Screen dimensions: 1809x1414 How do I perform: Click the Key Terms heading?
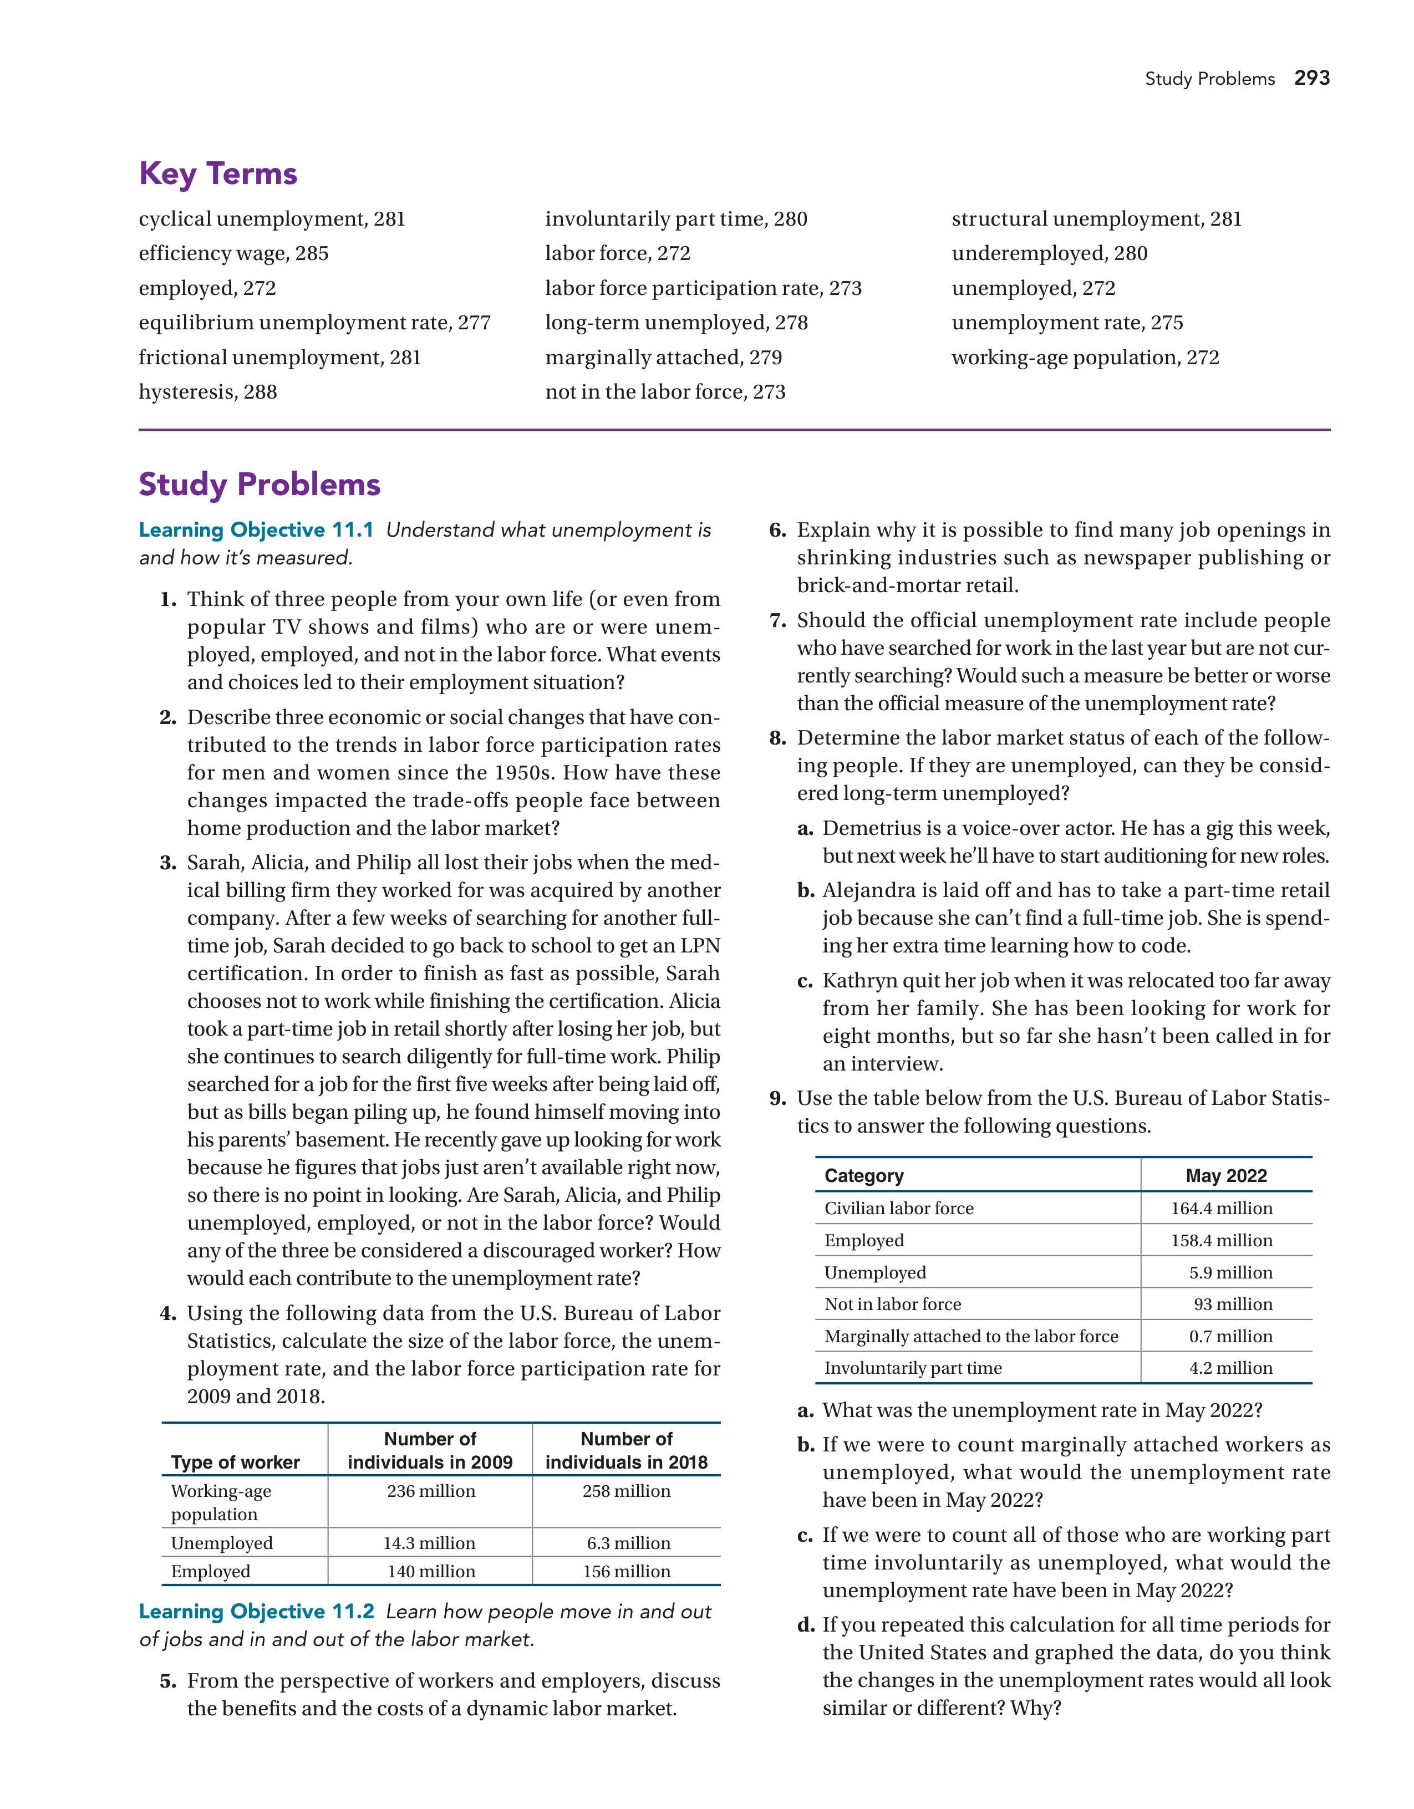(x=218, y=174)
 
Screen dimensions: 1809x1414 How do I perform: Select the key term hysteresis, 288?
(x=208, y=392)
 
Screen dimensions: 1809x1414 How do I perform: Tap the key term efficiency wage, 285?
(x=233, y=253)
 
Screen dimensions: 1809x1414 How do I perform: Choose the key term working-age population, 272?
(x=1085, y=357)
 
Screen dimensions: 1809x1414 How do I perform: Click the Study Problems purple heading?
(x=260, y=485)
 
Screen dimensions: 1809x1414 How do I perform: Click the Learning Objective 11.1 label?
(x=256, y=530)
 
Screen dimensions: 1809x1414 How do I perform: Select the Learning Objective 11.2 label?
(x=256, y=1611)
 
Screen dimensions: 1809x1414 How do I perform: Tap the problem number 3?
(x=168, y=863)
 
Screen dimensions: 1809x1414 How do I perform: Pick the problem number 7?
(x=777, y=620)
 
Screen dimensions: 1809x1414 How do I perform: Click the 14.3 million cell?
(x=429, y=1543)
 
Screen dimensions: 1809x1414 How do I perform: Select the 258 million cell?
(x=626, y=1491)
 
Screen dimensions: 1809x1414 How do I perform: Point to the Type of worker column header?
(x=235, y=1462)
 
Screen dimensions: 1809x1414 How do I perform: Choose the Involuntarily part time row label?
(x=913, y=1368)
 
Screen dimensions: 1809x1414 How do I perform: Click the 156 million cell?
(x=626, y=1571)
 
